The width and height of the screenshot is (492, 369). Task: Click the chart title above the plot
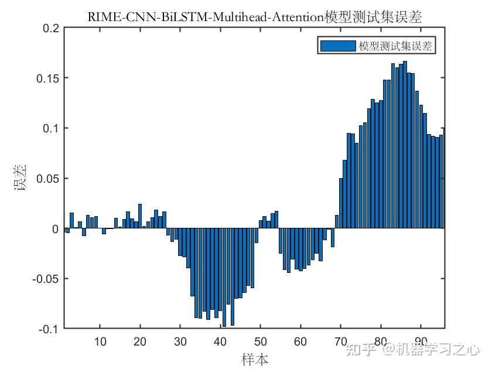coord(255,17)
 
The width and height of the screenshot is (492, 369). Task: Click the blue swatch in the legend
coord(338,46)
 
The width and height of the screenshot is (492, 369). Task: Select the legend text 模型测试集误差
coord(395,46)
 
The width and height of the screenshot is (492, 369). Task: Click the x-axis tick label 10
coord(100,341)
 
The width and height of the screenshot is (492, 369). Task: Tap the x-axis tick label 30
coord(180,341)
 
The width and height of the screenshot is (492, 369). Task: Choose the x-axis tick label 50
coord(261,341)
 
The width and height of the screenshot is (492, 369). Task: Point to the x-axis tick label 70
coord(341,341)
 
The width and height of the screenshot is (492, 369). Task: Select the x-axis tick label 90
coord(421,341)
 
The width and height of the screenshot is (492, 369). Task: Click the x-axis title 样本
coord(255,358)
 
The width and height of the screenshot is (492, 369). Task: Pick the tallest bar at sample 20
coord(140,217)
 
